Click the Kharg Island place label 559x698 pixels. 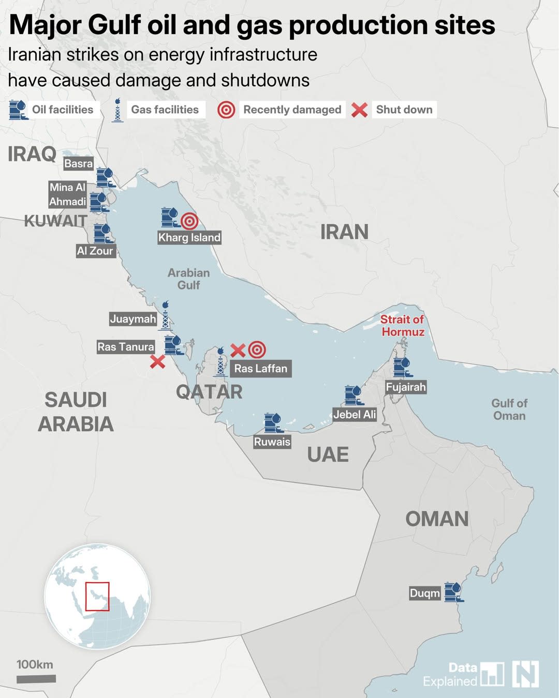click(x=189, y=237)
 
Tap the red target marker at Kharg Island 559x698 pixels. click(x=189, y=221)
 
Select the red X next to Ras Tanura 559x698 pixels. click(x=157, y=361)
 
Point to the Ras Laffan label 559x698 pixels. click(x=260, y=369)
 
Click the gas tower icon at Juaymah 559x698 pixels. click(x=165, y=316)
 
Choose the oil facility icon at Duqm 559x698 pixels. click(x=453, y=592)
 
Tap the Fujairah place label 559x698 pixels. click(x=406, y=387)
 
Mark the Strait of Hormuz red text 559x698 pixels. click(x=403, y=326)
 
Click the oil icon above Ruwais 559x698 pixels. click(x=273, y=423)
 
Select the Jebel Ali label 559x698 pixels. click(x=355, y=414)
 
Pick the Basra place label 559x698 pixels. click(x=78, y=164)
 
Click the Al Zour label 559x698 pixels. click(x=95, y=251)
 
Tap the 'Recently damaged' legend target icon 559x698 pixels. click(x=226, y=110)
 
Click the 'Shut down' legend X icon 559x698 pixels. click(x=359, y=110)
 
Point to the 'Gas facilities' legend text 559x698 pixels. click(x=165, y=110)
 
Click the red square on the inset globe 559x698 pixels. click(x=97, y=597)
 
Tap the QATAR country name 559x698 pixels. click(x=209, y=392)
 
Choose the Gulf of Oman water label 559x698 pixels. click(x=509, y=409)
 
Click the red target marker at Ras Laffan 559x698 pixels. click(x=257, y=350)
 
